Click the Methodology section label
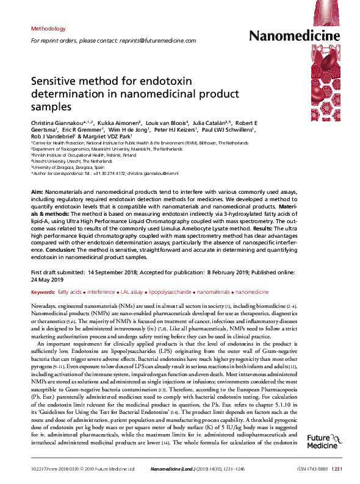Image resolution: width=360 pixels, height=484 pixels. coord(48,29)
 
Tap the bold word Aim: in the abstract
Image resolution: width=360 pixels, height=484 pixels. coord(37,192)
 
